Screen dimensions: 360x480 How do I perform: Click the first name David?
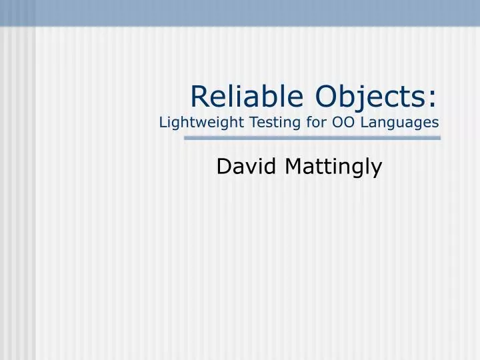tap(246, 167)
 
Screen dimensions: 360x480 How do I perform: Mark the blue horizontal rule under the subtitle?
tap(312, 138)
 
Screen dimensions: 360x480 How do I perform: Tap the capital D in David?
tap(223, 167)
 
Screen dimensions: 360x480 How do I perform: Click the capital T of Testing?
tap(252, 122)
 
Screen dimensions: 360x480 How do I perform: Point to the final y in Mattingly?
tap(377, 170)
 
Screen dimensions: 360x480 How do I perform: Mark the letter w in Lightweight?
tap(203, 123)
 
